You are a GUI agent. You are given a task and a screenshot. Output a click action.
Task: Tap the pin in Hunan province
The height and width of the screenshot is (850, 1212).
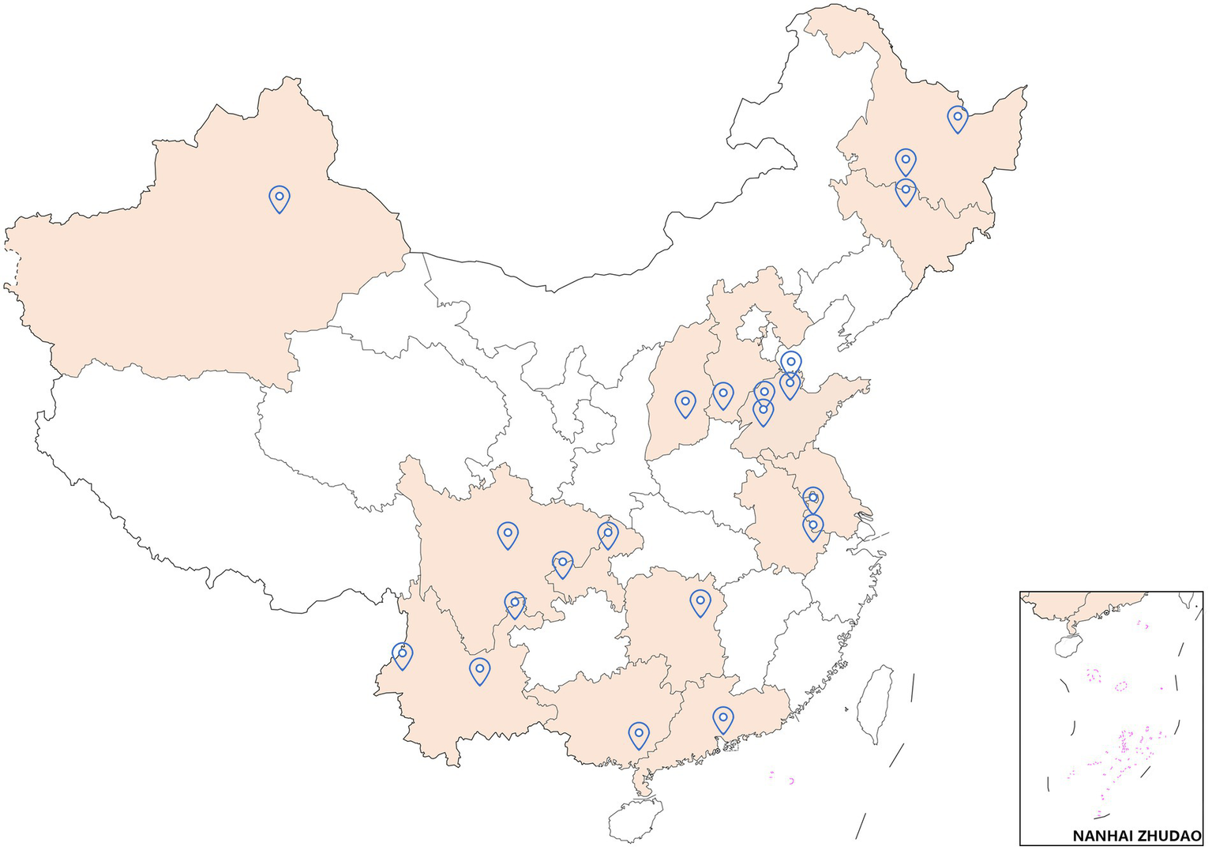point(700,601)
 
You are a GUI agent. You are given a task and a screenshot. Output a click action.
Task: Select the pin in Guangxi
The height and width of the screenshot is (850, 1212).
point(639,734)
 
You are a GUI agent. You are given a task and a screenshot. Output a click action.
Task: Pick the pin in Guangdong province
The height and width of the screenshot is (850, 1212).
point(722,718)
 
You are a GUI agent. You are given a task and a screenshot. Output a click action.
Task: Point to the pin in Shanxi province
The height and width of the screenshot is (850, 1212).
point(685,403)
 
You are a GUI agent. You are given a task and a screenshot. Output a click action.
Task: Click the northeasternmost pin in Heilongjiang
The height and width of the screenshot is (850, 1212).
point(957,118)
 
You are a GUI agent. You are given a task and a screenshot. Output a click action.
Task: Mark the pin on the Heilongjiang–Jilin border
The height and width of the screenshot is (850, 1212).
point(906,190)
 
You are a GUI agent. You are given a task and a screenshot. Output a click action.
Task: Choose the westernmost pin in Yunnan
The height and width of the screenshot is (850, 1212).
point(403,654)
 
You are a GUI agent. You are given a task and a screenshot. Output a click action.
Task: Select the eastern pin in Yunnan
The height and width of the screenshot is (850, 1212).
point(479,670)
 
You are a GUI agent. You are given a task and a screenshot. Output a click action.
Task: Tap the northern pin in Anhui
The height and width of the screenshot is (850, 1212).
point(813,498)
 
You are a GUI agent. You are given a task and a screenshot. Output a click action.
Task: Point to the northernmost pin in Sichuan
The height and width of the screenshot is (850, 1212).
point(508,534)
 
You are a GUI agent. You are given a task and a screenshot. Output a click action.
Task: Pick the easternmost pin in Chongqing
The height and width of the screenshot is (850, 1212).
point(608,533)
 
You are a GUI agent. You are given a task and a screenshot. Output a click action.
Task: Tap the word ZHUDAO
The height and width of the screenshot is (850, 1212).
point(1172,836)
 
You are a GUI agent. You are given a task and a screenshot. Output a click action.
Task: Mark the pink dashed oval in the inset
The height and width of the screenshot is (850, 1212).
point(1121,686)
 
